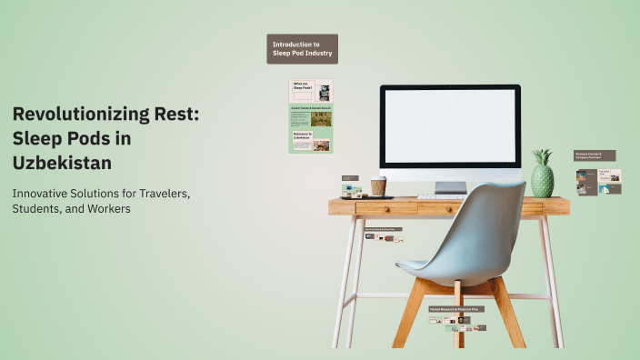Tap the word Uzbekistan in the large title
pyautogui.click(x=63, y=162)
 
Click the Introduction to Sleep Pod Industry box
pyautogui.click(x=303, y=49)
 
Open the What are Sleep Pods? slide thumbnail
pyautogui.click(x=311, y=90)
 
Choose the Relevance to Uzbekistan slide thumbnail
pyautogui.click(x=311, y=139)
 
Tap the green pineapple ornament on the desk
pyautogui.click(x=542, y=175)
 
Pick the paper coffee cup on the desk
pyautogui.click(x=378, y=186)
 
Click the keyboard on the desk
pyautogui.click(x=441, y=196)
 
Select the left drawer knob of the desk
pyautogui.click(x=385, y=207)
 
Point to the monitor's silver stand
pyautogui.click(x=450, y=186)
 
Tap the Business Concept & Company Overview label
pyautogui.click(x=595, y=155)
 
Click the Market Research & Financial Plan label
pyautogui.click(x=456, y=309)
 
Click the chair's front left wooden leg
pyautogui.click(x=406, y=315)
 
